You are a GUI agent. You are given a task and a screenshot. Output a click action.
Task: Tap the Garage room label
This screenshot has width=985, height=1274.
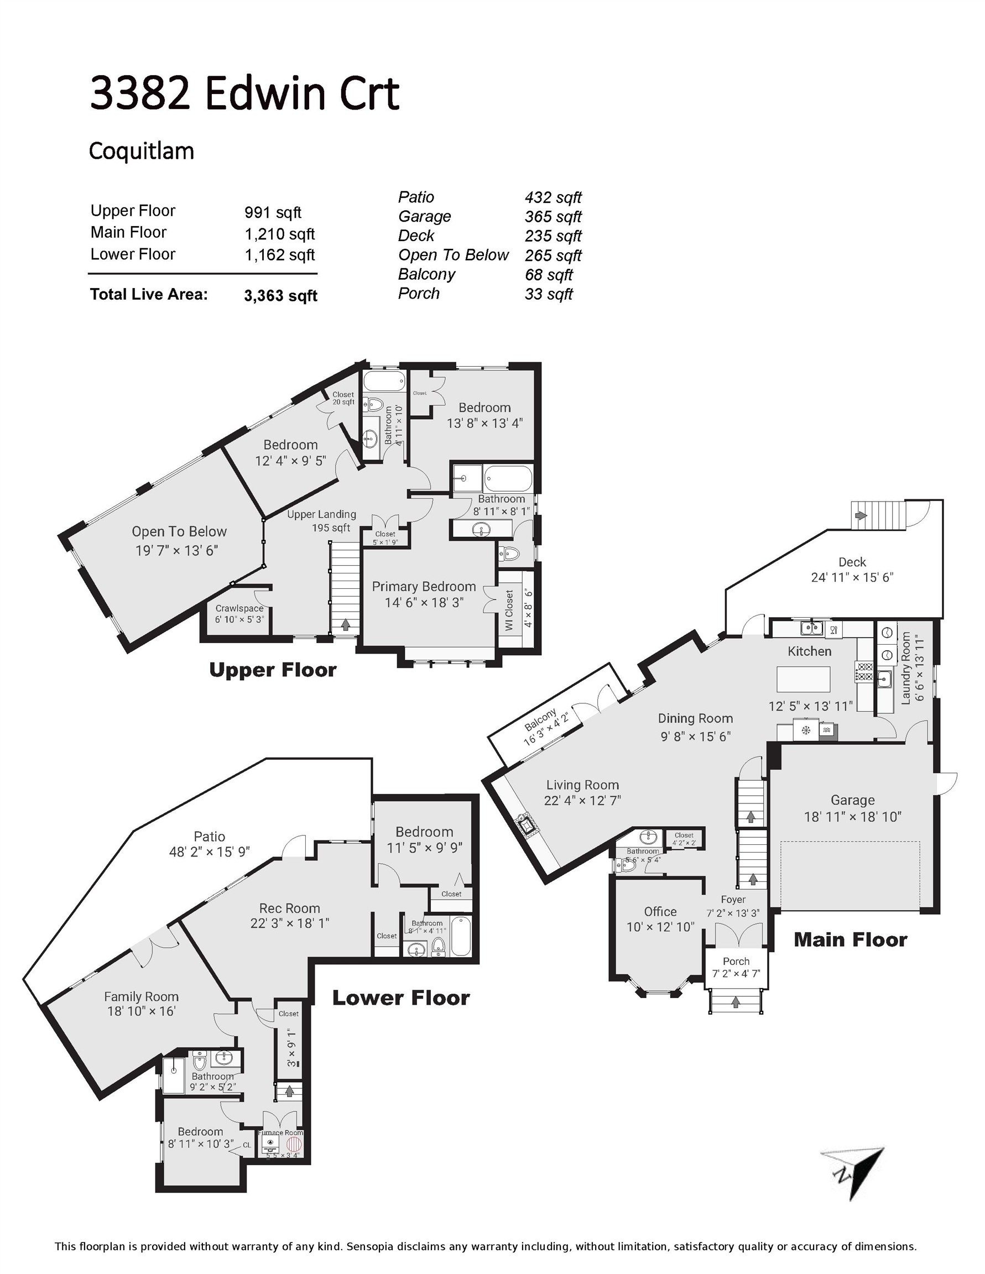click(852, 800)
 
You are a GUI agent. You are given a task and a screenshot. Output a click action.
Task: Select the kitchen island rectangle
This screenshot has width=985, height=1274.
click(803, 678)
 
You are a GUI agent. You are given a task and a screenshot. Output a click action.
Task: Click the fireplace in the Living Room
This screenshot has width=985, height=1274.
click(523, 825)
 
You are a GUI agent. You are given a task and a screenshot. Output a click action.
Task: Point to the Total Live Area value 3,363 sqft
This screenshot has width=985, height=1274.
click(281, 296)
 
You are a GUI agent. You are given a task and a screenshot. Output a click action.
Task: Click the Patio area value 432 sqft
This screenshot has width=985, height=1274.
click(553, 198)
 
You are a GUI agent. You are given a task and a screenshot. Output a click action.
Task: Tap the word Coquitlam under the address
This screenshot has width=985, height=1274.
click(141, 151)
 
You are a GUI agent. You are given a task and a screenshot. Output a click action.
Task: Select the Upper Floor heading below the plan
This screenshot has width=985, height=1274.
click(273, 670)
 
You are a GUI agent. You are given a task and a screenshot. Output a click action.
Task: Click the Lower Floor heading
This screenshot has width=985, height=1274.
click(401, 998)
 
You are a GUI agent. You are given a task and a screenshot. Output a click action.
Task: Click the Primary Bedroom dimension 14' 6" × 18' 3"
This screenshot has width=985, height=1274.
click(424, 602)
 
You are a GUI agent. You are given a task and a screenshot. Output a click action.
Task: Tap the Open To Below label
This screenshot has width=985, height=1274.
click(179, 531)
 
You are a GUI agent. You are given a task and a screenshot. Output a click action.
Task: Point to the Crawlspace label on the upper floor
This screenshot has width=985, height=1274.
click(239, 608)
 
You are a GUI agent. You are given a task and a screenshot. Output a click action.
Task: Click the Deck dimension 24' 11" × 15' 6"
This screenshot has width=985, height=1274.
click(852, 577)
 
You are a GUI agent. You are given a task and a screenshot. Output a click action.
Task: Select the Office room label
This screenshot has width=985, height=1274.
click(660, 911)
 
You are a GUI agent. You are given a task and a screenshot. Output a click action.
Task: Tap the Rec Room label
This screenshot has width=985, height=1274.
click(289, 908)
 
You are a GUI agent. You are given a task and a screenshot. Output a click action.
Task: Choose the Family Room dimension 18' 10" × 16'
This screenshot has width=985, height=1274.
click(141, 1011)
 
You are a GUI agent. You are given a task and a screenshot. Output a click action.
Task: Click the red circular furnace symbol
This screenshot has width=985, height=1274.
click(294, 1142)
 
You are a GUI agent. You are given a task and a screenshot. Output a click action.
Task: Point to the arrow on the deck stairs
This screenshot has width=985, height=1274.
click(861, 515)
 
